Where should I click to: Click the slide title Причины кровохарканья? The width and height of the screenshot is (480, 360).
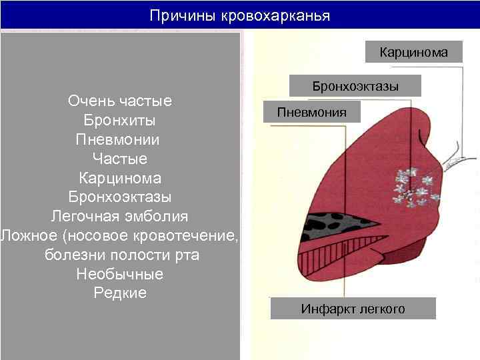239,15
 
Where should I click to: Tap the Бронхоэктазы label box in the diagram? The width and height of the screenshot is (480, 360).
355,86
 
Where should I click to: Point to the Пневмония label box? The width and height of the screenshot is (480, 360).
312,112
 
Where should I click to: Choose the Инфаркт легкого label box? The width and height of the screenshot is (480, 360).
353,309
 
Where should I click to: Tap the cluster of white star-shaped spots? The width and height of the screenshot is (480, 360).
417,187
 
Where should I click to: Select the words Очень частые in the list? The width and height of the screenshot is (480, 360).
120,101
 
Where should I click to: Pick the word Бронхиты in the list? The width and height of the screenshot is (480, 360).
120,121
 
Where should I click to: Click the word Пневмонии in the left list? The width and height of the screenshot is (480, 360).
118,140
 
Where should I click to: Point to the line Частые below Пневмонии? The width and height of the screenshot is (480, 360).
120,159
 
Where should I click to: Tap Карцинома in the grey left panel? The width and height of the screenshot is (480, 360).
120,178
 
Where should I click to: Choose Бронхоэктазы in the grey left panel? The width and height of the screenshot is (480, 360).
120,197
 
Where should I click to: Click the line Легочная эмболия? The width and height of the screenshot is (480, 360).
120,217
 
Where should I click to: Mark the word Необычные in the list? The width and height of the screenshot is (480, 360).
120,274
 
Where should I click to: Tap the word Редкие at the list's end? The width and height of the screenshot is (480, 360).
120,293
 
